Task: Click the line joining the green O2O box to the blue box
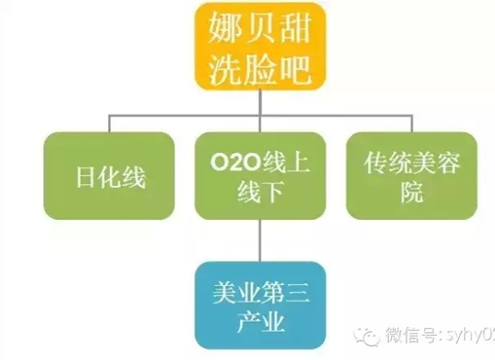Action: pyautogui.click(x=257, y=238)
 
